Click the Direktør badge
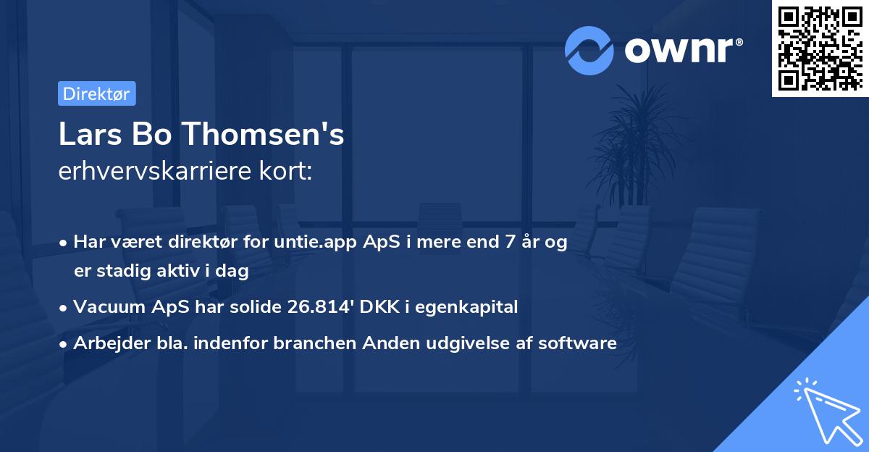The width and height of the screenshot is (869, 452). (x=96, y=93)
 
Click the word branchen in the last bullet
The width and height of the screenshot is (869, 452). (x=306, y=343)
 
